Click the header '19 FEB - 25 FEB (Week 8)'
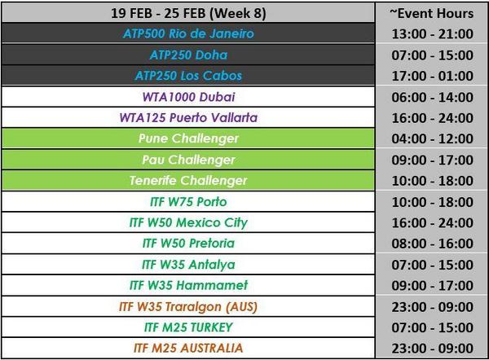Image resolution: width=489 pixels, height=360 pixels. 188,13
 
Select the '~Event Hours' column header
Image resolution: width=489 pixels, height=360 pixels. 432,13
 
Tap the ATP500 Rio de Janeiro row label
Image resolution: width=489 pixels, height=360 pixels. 188,33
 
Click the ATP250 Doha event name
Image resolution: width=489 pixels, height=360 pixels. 188,55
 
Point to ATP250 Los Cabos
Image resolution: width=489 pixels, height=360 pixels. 188,76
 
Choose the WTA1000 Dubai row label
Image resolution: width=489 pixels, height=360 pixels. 188,97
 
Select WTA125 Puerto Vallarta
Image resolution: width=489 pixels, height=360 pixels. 188,118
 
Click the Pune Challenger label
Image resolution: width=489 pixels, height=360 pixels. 188,138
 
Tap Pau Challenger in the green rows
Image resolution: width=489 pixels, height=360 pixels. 188,160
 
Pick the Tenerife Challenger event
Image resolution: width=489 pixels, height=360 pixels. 188,181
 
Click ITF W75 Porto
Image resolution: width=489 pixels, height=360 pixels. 188,202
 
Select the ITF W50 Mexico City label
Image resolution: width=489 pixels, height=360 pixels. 188,223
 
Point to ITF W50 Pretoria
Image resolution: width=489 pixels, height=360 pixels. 188,244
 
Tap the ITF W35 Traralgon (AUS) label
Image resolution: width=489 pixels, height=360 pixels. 188,307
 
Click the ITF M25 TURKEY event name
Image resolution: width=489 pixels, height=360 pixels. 188,327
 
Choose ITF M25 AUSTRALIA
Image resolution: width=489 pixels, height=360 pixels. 188,348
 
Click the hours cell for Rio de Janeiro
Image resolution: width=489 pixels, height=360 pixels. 432,33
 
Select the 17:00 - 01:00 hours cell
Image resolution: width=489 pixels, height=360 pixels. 432,76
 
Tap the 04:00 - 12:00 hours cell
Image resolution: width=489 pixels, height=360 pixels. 432,138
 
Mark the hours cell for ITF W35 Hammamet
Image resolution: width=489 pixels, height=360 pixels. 432,286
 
